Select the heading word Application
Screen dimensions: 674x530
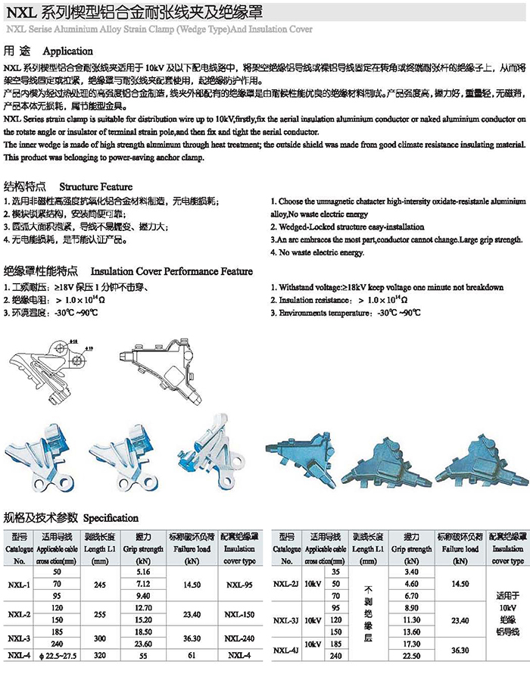(x=68, y=51)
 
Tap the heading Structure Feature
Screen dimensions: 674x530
(x=95, y=186)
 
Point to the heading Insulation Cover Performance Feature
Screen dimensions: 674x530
(x=172, y=271)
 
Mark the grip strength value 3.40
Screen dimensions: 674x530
(x=413, y=571)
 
